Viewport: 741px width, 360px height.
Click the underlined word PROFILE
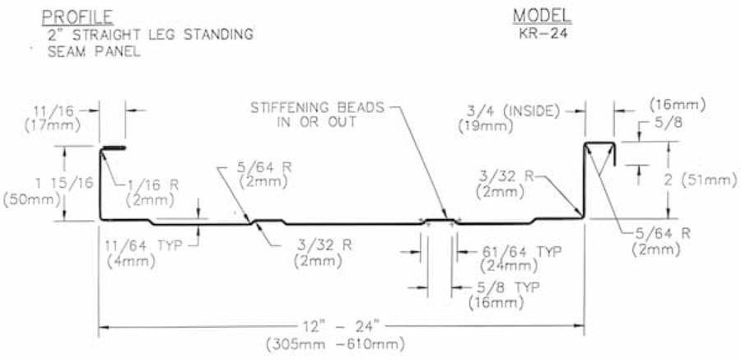point(78,16)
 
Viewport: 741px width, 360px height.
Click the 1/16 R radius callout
point(152,185)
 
